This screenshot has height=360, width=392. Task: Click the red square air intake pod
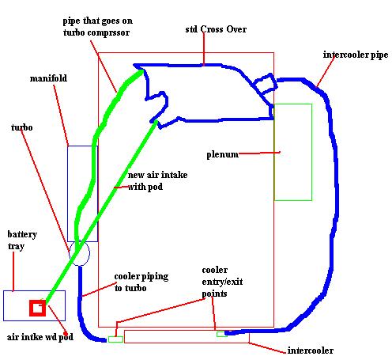pyautogui.click(x=31, y=308)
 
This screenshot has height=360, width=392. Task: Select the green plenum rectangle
pyautogui.click(x=312, y=152)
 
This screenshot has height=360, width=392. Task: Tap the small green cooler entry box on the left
pyautogui.click(x=115, y=339)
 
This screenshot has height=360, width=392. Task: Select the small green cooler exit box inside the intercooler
pyautogui.click(x=222, y=334)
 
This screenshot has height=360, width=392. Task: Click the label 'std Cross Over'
pyautogui.click(x=216, y=29)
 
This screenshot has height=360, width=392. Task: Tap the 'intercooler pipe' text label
pyautogui.click(x=356, y=55)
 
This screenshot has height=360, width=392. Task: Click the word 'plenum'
pyautogui.click(x=222, y=154)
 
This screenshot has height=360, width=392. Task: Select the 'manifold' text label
pyautogui.click(x=48, y=78)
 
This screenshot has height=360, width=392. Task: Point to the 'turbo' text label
pyautogui.click(x=22, y=127)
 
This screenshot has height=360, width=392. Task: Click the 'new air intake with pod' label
pyautogui.click(x=157, y=180)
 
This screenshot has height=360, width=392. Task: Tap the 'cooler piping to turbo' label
pyautogui.click(x=141, y=282)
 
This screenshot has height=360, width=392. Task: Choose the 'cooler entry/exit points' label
pyautogui.click(x=222, y=282)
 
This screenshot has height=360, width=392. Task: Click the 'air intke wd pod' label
pyautogui.click(x=40, y=337)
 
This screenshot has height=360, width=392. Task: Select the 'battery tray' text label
pyautogui.click(x=22, y=240)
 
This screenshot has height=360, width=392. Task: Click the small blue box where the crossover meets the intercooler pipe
pyautogui.click(x=265, y=84)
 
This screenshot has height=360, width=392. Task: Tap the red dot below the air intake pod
pyautogui.click(x=66, y=334)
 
